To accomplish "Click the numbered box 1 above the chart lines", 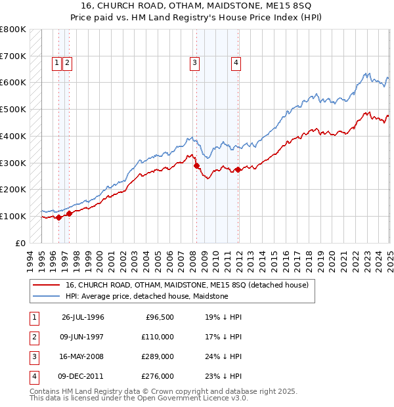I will (x=58, y=63).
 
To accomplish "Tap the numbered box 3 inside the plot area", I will (x=195, y=63).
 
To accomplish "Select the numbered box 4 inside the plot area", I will (x=235, y=63).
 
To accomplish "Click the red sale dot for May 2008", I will (x=196, y=166).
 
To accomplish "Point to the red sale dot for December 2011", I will (x=238, y=169).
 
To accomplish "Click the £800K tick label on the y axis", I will (x=13, y=30).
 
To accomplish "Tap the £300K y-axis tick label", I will (x=13, y=163).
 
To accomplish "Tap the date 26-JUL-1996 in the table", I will (x=83, y=317).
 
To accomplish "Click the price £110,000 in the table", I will (x=158, y=337).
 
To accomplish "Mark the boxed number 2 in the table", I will (x=33, y=337).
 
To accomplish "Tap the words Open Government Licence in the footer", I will (x=187, y=398).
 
